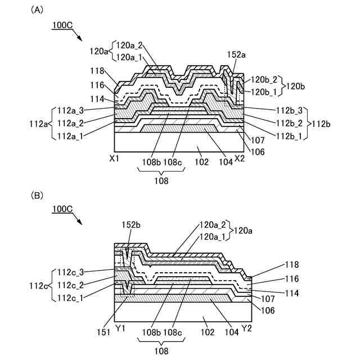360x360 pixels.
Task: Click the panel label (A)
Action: [x=38, y=10]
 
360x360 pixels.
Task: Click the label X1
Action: [x=114, y=159]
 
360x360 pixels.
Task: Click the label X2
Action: [x=240, y=159]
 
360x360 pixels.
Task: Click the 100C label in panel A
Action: [x=63, y=25]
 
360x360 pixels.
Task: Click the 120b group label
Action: [x=296, y=86]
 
